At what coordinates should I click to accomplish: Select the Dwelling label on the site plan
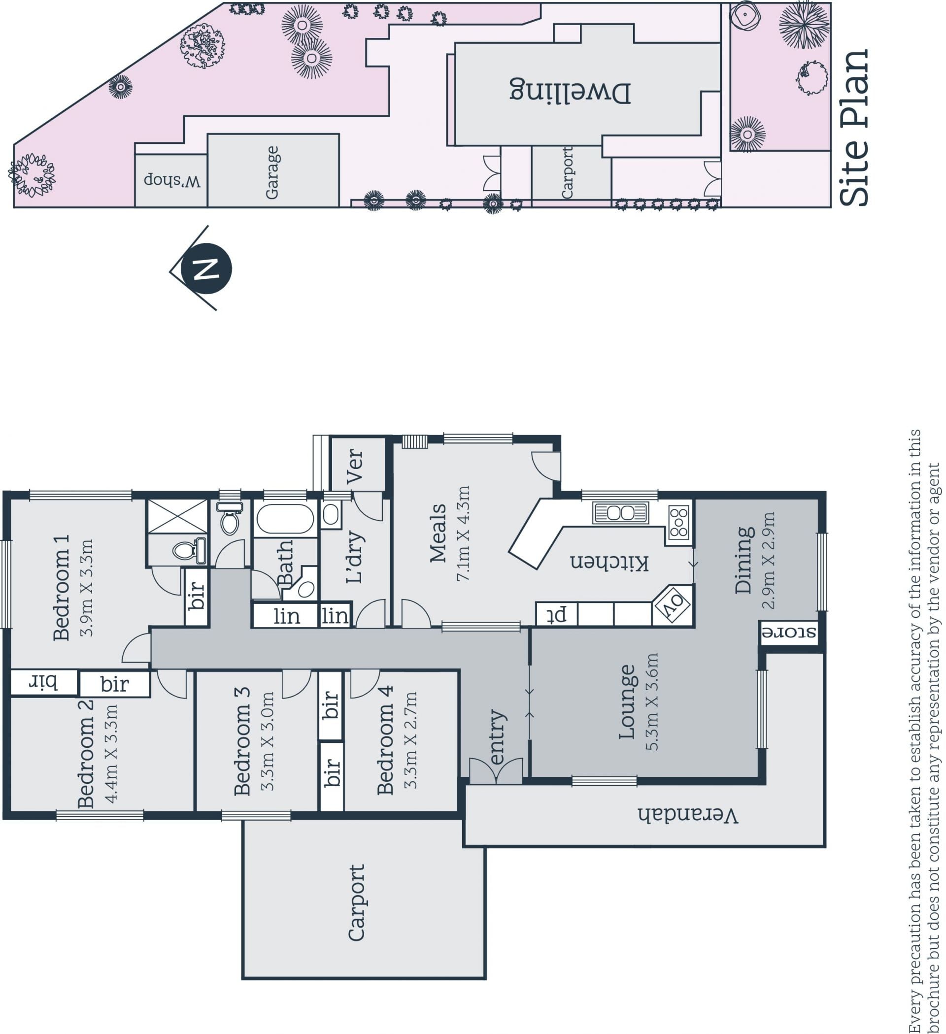point(570,91)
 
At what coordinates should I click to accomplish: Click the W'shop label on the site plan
point(172,180)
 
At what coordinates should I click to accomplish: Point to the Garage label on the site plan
point(272,172)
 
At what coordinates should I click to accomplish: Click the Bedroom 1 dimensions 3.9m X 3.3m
point(87,587)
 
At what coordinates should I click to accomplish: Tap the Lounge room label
point(626,701)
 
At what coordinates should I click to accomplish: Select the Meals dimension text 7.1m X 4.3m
point(463,534)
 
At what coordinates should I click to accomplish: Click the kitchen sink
point(620,512)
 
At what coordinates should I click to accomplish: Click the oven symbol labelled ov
point(673,606)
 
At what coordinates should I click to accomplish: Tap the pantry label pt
point(558,613)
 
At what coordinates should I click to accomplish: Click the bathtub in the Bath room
point(285,519)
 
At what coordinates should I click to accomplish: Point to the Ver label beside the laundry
point(355,466)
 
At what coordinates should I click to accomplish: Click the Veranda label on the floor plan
point(687,815)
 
